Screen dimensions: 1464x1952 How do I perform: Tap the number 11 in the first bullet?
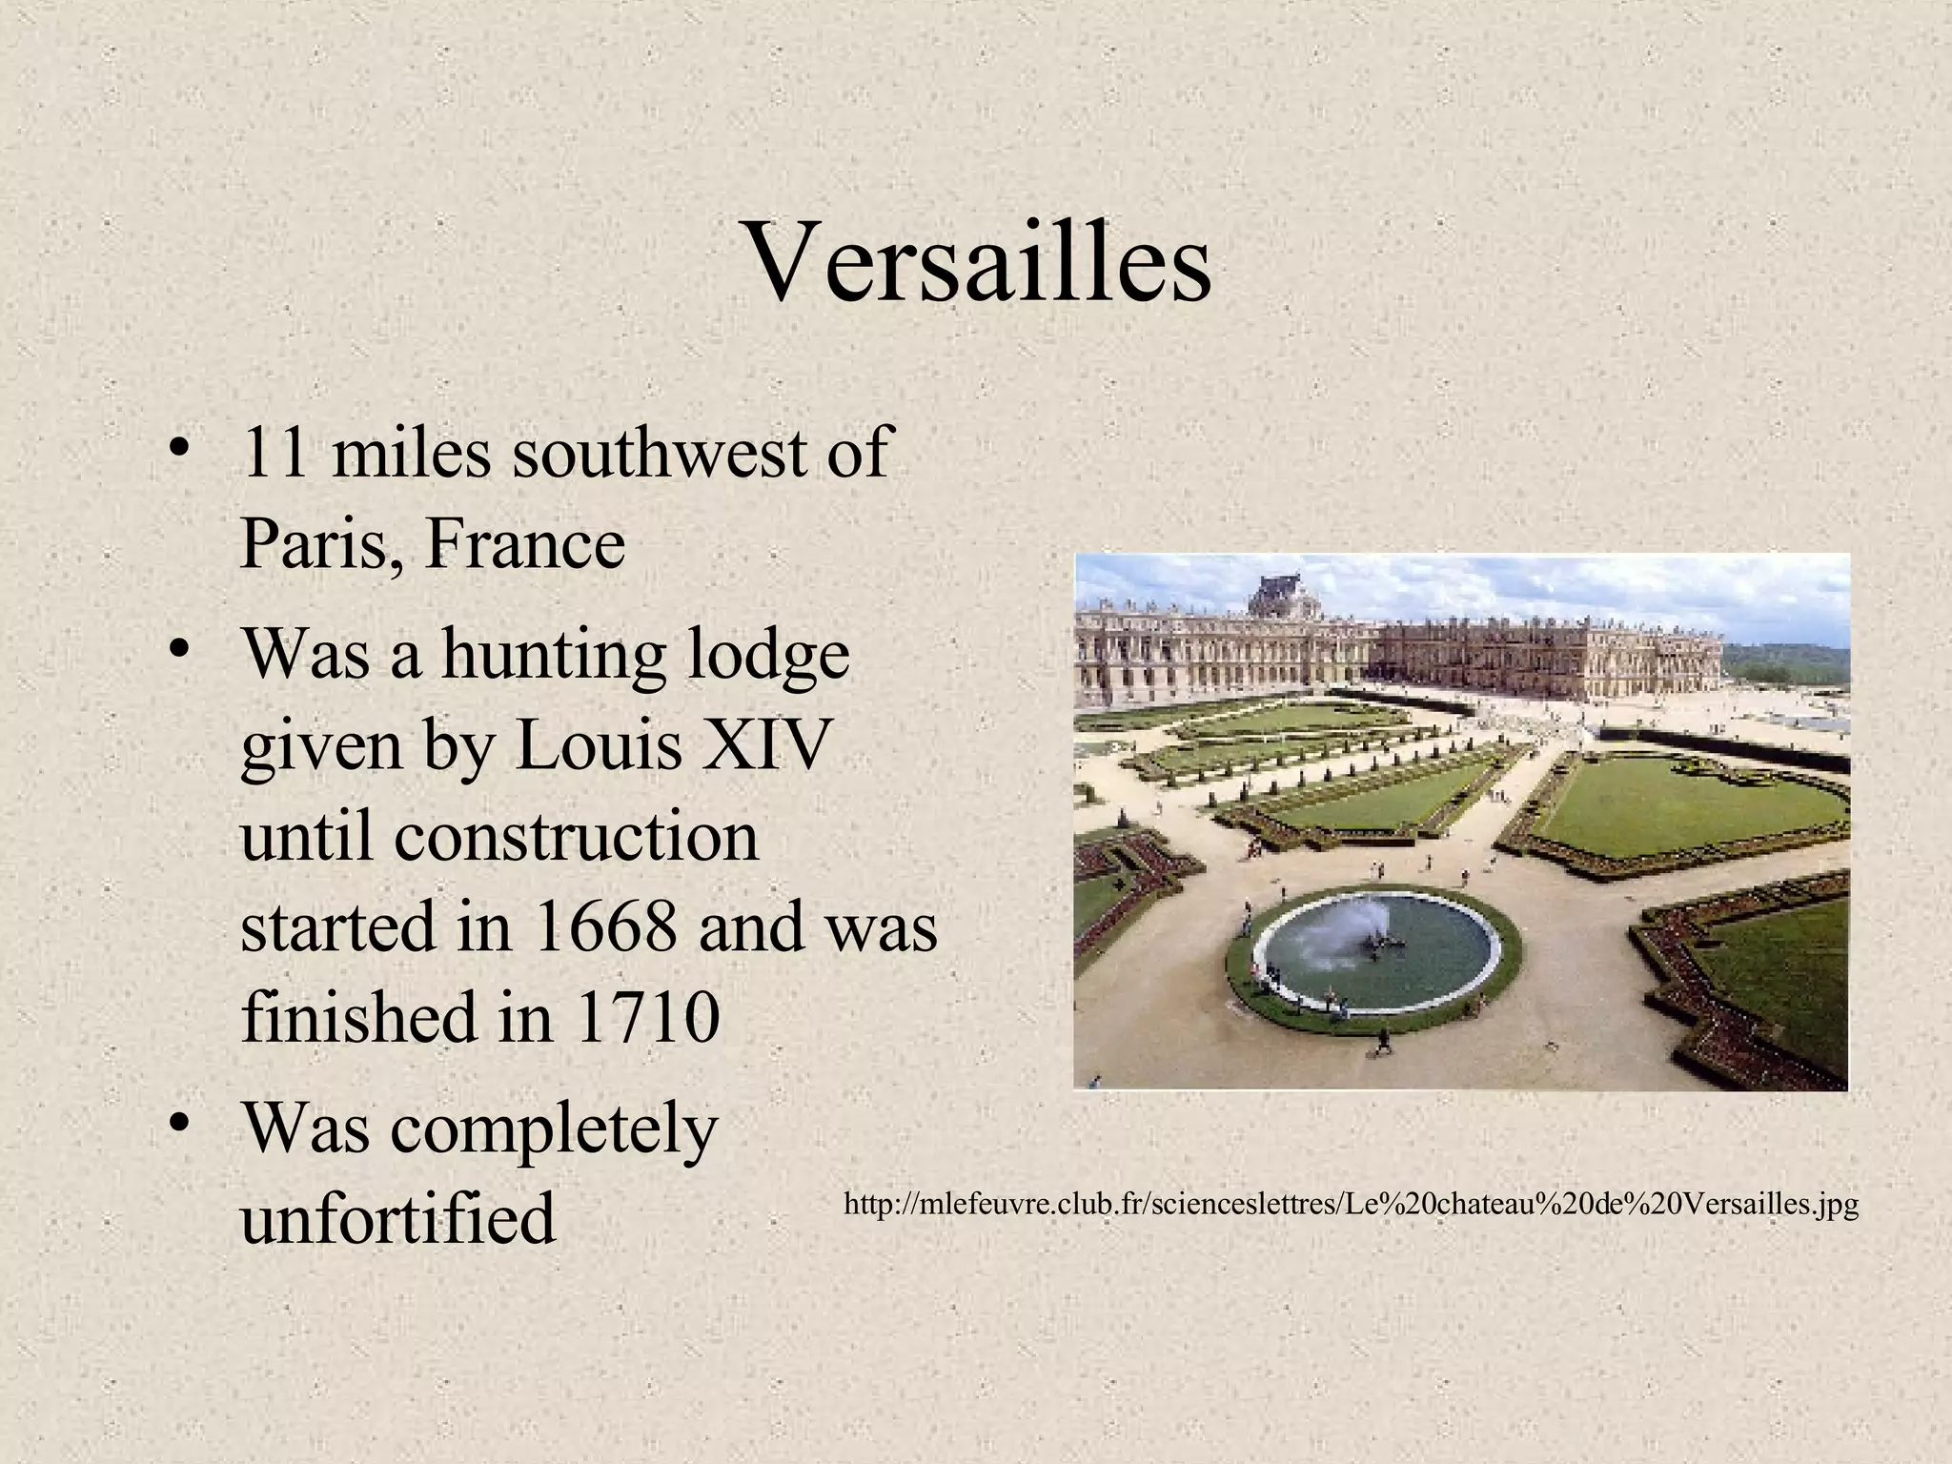(x=274, y=453)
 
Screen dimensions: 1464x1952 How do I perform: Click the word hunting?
(x=554, y=657)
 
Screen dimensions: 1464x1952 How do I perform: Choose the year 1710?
(x=648, y=1017)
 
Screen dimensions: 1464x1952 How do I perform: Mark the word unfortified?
(x=397, y=1218)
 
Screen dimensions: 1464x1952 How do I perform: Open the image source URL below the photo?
(x=1351, y=1205)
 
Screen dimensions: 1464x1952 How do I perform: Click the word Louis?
(x=600, y=744)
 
